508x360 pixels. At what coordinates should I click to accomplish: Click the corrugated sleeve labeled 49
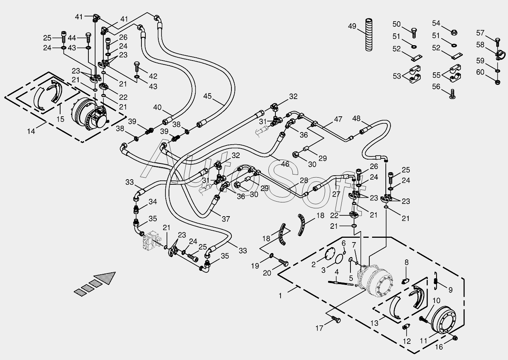pyautogui.click(x=369, y=35)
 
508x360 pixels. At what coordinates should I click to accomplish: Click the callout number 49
pyautogui.click(x=352, y=26)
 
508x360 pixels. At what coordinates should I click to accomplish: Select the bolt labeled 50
pyautogui.click(x=414, y=33)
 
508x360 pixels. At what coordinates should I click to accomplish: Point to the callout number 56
pyautogui.click(x=436, y=86)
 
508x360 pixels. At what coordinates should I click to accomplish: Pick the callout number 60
pyautogui.click(x=480, y=72)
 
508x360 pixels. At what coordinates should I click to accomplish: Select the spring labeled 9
pyautogui.click(x=435, y=281)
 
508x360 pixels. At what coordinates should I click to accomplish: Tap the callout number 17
pyautogui.click(x=319, y=328)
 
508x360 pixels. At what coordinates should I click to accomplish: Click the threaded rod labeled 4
pyautogui.click(x=341, y=283)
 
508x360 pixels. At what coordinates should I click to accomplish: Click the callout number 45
pyautogui.click(x=207, y=96)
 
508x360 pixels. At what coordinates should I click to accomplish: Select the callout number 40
pyautogui.click(x=157, y=107)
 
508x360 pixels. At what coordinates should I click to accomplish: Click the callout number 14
pyautogui.click(x=31, y=131)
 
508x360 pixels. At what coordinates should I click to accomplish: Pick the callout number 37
pyautogui.click(x=226, y=219)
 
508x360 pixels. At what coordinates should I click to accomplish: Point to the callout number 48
pyautogui.click(x=356, y=118)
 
